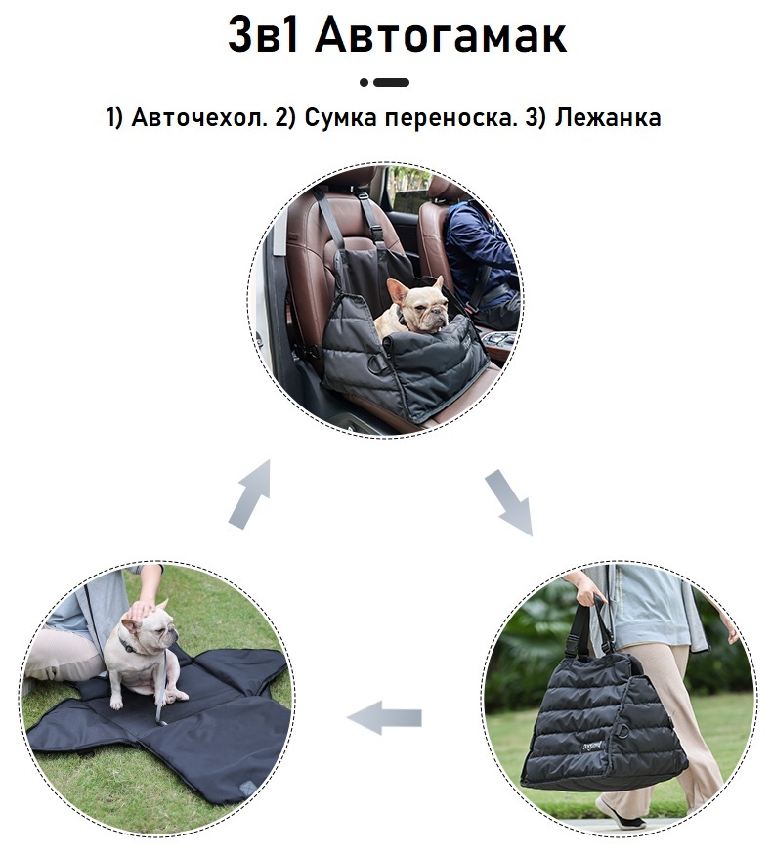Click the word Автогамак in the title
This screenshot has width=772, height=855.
[x=441, y=35]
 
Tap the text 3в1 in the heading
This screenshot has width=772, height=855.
[x=263, y=34]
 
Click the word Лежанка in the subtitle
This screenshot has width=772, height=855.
[x=608, y=117]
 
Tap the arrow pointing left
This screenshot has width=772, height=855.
[x=384, y=717]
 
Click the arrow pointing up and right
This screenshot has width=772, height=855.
[x=250, y=494]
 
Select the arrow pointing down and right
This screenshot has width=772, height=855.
[x=509, y=502]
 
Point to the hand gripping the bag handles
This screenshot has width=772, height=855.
[x=586, y=590]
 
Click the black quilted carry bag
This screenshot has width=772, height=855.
[x=602, y=720]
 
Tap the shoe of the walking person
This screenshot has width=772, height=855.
[x=619, y=813]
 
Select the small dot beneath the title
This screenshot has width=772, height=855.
[x=365, y=83]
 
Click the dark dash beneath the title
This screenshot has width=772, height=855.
[x=392, y=83]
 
